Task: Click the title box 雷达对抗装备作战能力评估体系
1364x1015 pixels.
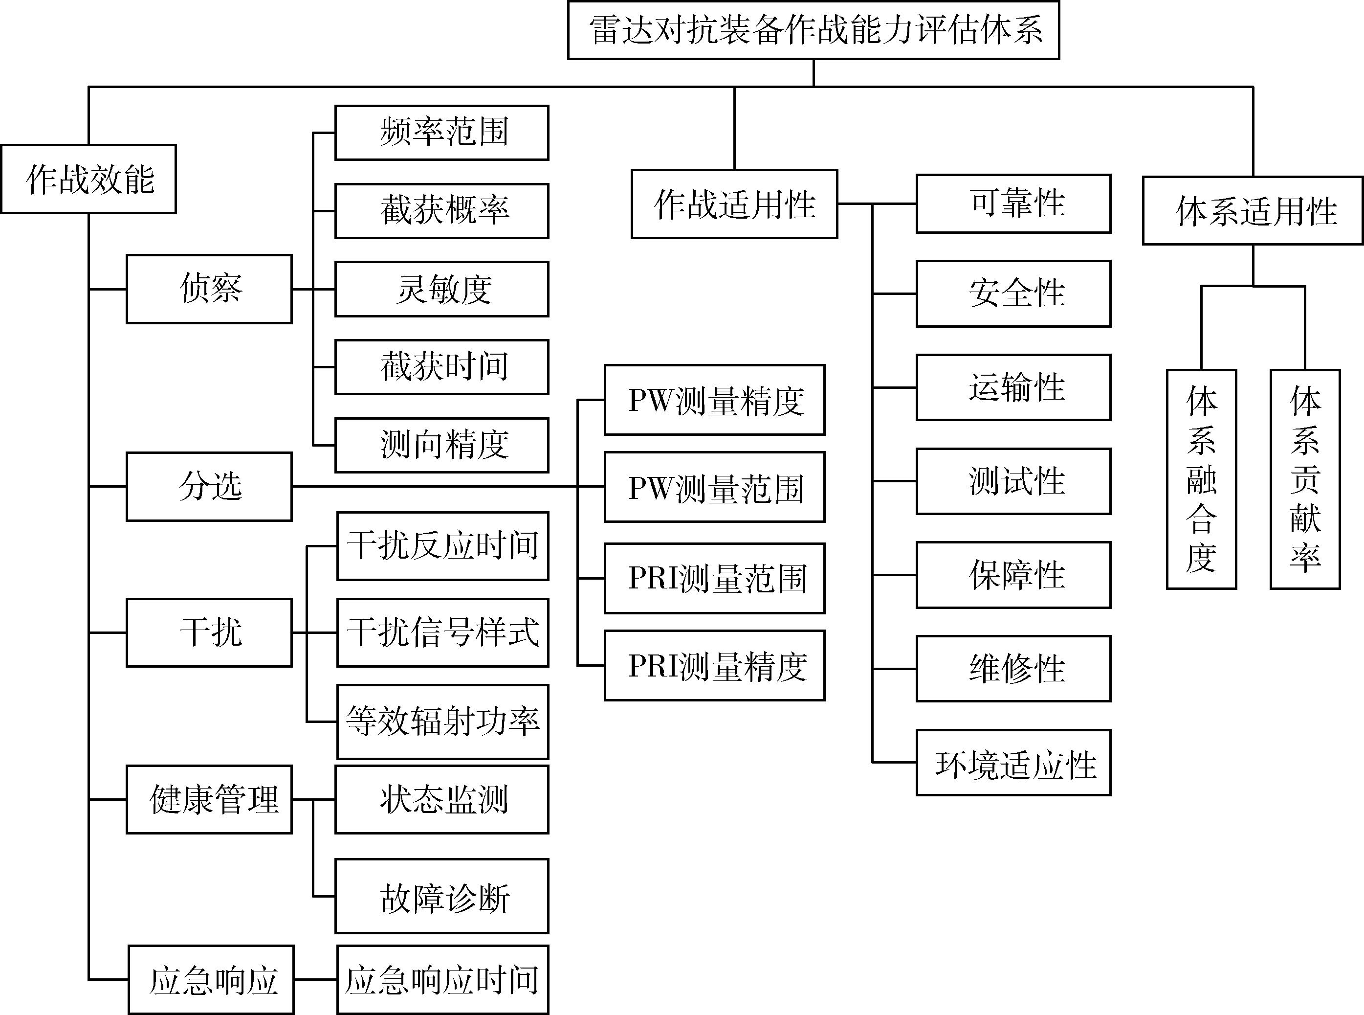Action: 814,29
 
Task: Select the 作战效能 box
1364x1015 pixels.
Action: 88,179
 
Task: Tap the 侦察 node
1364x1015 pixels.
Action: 209,289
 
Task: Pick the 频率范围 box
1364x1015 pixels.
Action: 441,133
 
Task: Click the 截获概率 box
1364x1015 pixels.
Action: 441,211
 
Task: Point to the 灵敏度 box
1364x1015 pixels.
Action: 441,289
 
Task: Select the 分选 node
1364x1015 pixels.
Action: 209,487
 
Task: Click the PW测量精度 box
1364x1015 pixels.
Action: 715,400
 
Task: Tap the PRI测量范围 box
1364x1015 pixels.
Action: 715,578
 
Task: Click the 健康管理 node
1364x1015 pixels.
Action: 209,799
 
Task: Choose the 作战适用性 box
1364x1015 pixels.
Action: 734,204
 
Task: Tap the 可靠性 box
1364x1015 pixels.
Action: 1014,204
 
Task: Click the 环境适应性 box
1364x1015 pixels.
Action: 1014,763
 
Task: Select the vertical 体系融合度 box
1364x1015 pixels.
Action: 1202,479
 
